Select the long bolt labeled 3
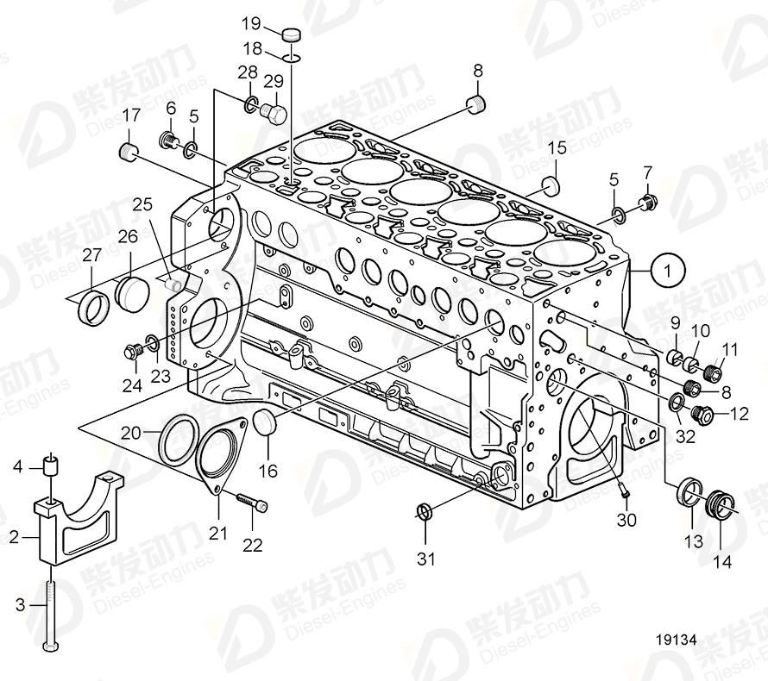pos(51,608)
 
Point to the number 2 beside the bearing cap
pos(13,537)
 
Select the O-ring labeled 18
pos(293,58)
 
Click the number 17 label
pos(131,115)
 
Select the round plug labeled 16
pos(267,424)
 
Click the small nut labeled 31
pos(423,511)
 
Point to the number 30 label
pos(628,520)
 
